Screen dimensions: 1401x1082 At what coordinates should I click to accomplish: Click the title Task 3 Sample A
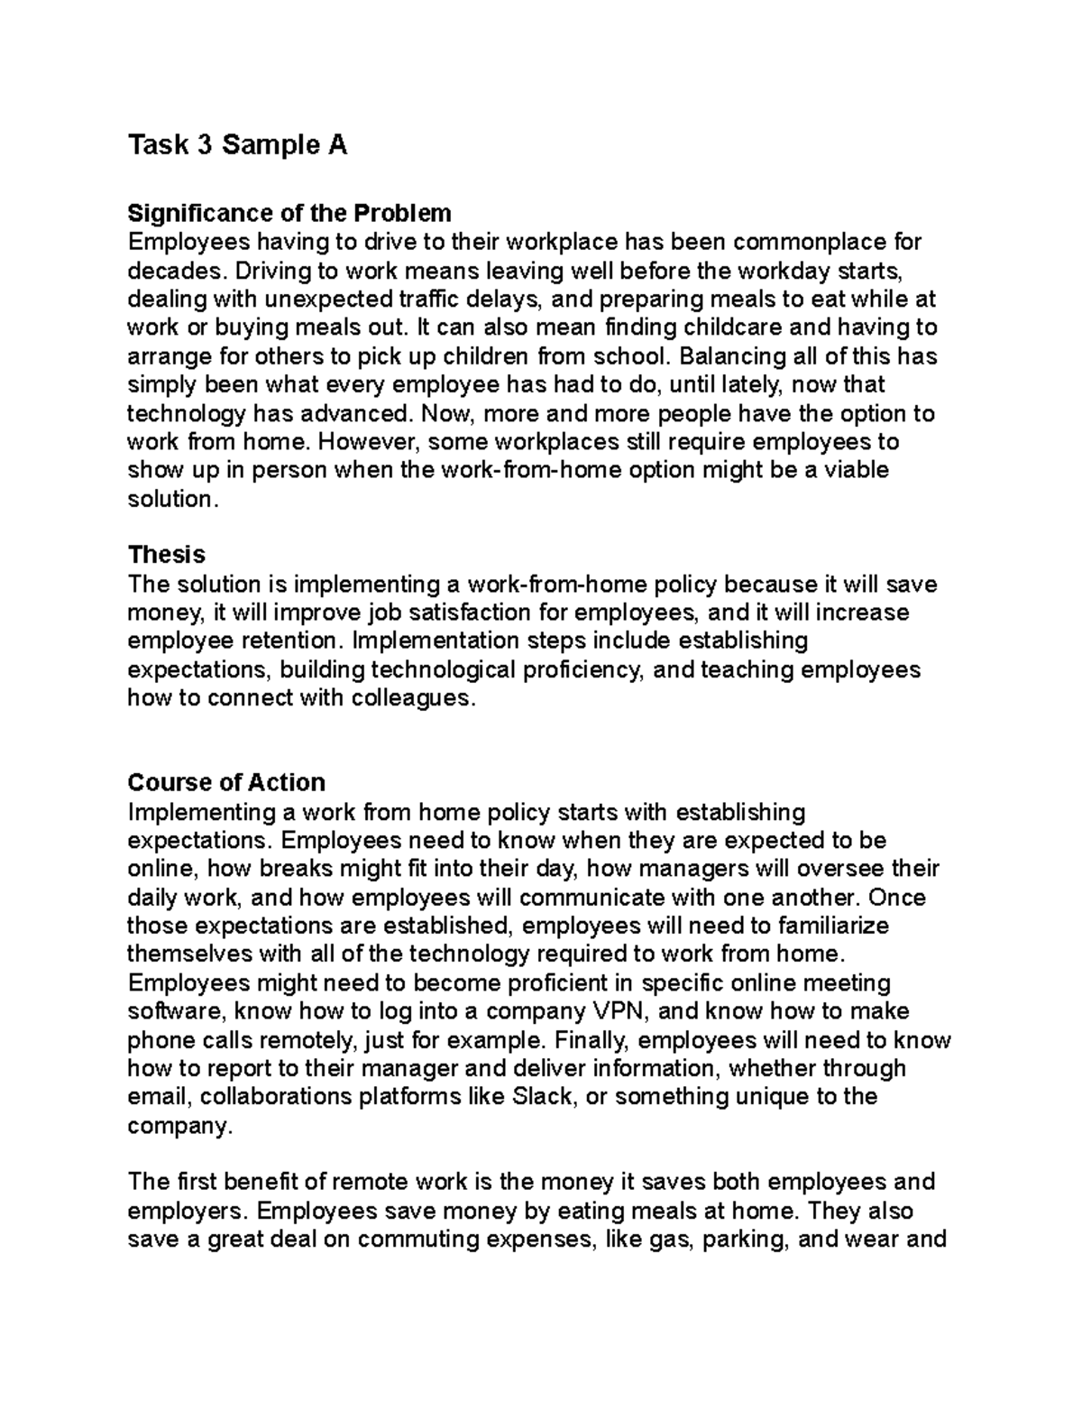coord(237,145)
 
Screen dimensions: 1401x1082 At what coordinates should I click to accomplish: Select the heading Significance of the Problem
coord(289,213)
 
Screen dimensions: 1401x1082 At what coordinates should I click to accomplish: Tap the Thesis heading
coord(167,554)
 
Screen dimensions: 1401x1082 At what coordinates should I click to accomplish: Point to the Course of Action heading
coord(226,782)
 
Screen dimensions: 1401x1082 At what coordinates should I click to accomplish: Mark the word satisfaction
coord(463,613)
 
